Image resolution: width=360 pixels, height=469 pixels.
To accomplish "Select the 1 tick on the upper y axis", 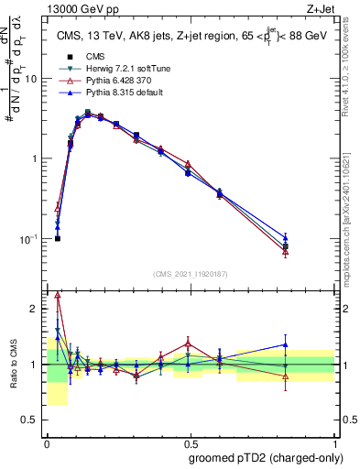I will pos(37,158).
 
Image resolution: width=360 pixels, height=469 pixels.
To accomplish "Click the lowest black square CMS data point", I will pos(58,238).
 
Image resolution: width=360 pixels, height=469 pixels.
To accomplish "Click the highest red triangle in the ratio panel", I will pos(58,295).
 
